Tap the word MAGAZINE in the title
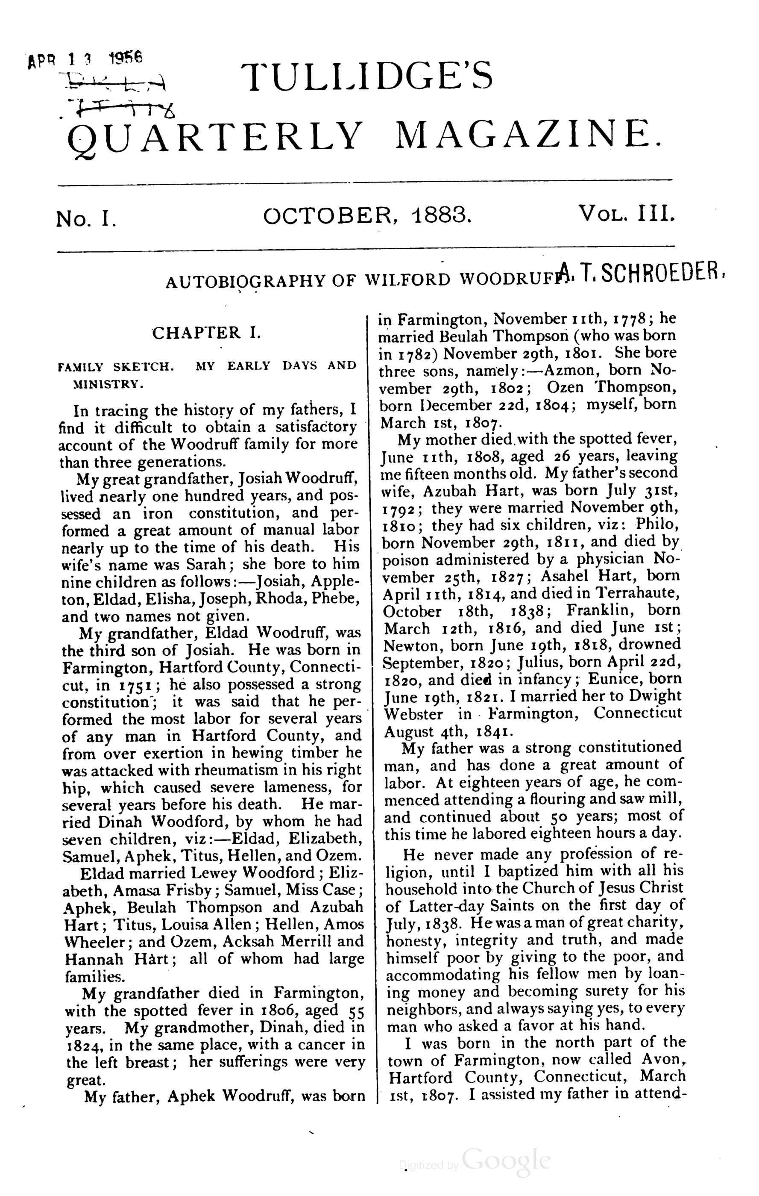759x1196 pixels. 527,135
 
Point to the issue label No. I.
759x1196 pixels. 86,218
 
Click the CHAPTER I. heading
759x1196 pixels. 206,332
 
